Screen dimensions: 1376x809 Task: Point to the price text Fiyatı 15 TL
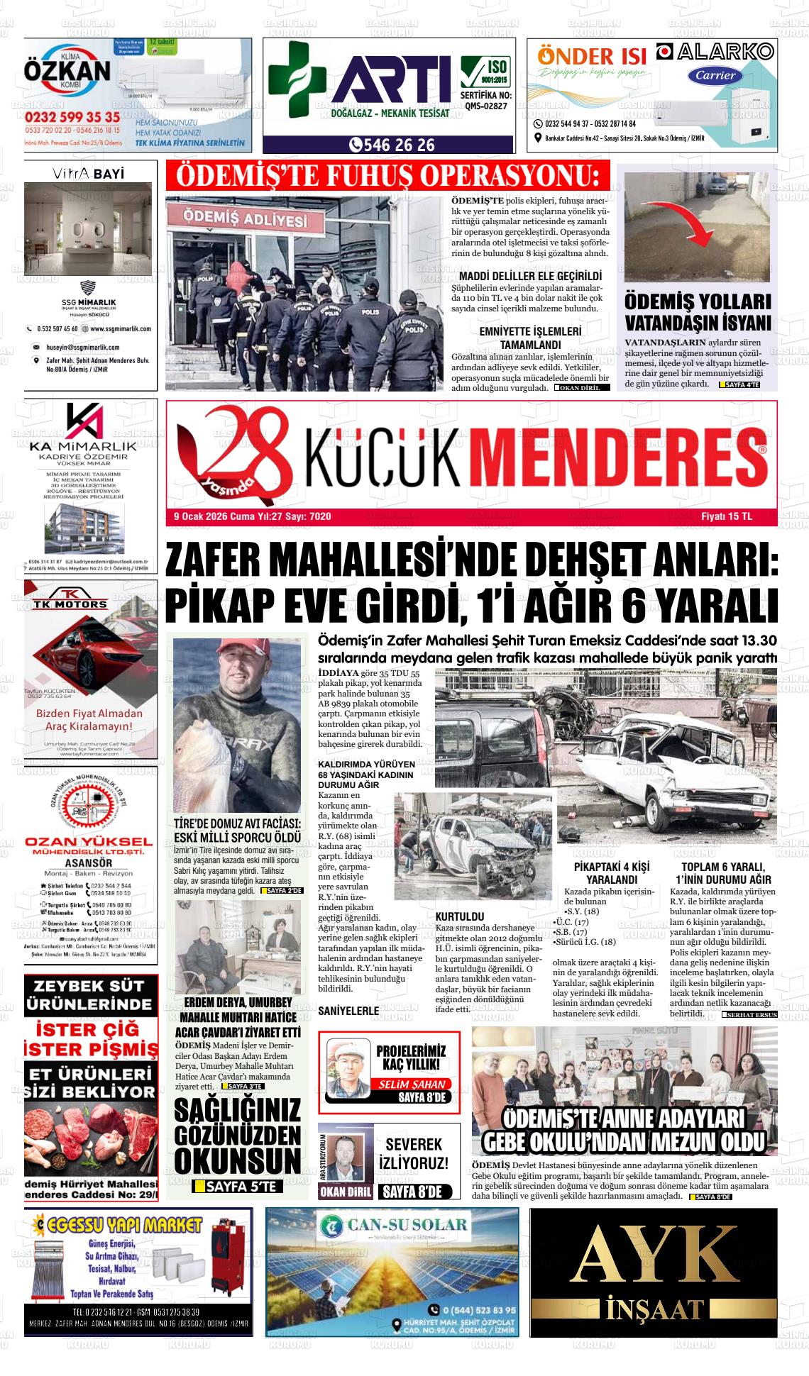pyautogui.click(x=726, y=516)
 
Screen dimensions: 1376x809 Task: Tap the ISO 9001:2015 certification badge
pyautogui.click(x=485, y=72)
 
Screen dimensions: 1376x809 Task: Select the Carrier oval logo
pyautogui.click(x=715, y=76)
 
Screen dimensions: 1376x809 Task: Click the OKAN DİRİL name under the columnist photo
pyautogui.click(x=345, y=1192)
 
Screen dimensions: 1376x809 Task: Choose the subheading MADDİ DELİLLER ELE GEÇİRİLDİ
pyautogui.click(x=530, y=276)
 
